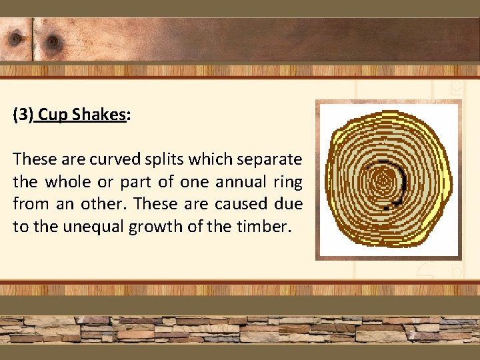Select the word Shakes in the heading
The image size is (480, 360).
[x=99, y=115]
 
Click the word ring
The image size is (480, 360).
[x=288, y=182]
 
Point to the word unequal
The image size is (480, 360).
[x=89, y=226]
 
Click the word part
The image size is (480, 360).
[x=139, y=182]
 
